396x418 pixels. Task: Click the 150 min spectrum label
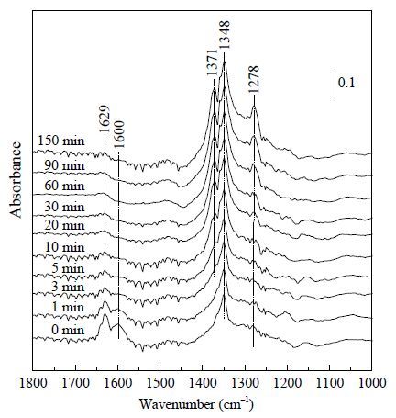click(x=61, y=141)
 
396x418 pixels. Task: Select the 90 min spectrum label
click(x=64, y=165)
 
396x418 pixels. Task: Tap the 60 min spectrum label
click(x=64, y=186)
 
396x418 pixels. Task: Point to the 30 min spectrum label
click(x=64, y=207)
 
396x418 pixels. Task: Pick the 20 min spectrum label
click(x=64, y=226)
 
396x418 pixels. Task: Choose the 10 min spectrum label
click(x=64, y=247)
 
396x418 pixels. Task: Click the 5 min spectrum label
click(x=68, y=268)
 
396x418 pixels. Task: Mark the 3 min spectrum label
click(x=68, y=287)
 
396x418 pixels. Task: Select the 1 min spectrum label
click(x=68, y=307)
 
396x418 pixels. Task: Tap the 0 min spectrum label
click(x=68, y=330)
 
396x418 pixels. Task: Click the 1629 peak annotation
click(x=104, y=119)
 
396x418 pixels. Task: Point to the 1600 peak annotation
click(x=120, y=135)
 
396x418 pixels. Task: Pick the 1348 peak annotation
click(x=225, y=35)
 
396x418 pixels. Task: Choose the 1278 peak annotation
click(x=253, y=79)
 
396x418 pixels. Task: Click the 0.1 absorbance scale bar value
click(x=347, y=83)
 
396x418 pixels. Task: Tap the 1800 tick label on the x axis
click(x=33, y=383)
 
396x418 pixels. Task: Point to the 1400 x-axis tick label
click(x=203, y=383)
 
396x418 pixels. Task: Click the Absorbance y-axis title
click(x=16, y=180)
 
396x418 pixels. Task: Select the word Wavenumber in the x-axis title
click(x=177, y=405)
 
